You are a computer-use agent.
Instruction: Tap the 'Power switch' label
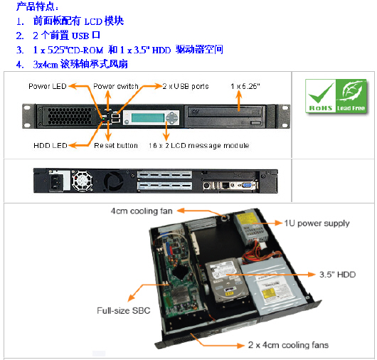click(115, 86)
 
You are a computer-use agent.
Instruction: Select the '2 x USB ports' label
click(185, 86)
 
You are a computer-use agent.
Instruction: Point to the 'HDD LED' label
click(50, 145)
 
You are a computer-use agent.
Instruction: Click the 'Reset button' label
click(116, 145)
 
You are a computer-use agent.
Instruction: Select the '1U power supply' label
click(317, 223)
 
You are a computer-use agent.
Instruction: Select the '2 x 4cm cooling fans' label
click(288, 344)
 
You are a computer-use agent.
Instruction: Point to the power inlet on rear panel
click(55, 182)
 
